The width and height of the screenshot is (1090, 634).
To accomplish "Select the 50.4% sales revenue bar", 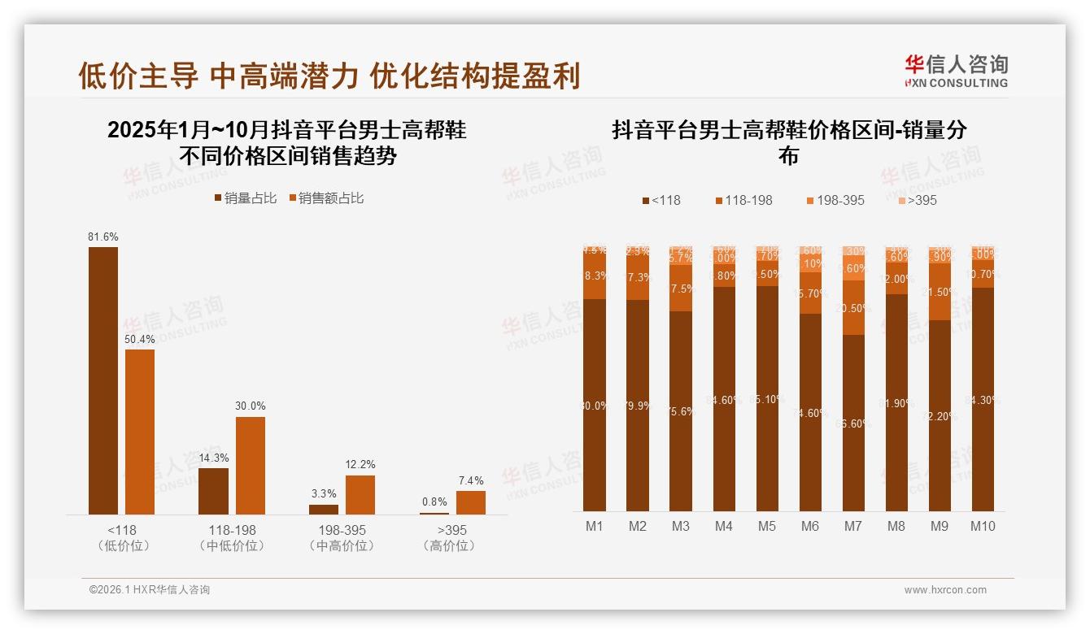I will [x=140, y=432].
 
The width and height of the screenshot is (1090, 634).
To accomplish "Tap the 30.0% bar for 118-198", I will [x=251, y=466].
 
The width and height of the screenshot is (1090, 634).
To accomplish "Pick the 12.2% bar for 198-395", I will [x=360, y=495].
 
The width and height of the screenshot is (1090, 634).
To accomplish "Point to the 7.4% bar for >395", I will [x=471, y=502].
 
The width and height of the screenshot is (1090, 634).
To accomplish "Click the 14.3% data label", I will [x=213, y=458].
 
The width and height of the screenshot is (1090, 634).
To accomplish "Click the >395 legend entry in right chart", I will [x=917, y=200].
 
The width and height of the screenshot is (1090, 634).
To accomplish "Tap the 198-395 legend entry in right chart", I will [x=835, y=200].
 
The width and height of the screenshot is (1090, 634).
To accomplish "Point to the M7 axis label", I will [x=852, y=526].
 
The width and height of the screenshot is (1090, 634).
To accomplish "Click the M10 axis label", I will [x=983, y=526].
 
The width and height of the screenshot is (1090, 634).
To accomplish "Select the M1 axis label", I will [x=595, y=526].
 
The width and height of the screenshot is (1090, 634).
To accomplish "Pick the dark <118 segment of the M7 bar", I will [x=853, y=423].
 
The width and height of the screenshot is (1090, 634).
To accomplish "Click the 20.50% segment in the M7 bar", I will [x=853, y=308].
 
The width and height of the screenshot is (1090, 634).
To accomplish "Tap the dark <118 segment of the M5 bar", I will [x=767, y=398].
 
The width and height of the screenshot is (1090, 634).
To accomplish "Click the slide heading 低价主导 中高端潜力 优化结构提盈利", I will [x=329, y=76].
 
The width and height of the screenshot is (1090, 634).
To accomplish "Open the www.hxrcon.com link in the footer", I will [x=945, y=590].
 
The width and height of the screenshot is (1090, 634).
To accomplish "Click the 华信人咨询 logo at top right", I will [x=956, y=71].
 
